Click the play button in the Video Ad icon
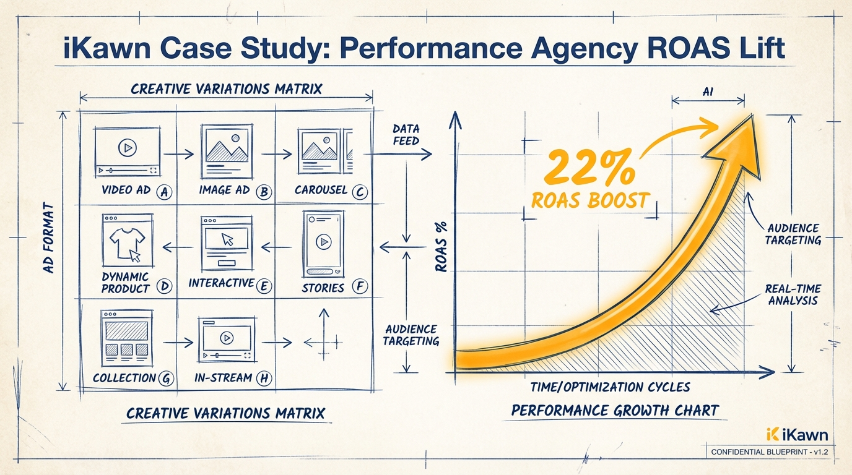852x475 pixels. (127, 148)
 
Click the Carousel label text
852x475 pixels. (321, 190)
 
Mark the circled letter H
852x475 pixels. (264, 379)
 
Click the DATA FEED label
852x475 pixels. (406, 134)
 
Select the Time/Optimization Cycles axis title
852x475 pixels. (610, 387)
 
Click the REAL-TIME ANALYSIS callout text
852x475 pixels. (793, 294)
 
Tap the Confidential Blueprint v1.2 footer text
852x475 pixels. (770, 452)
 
